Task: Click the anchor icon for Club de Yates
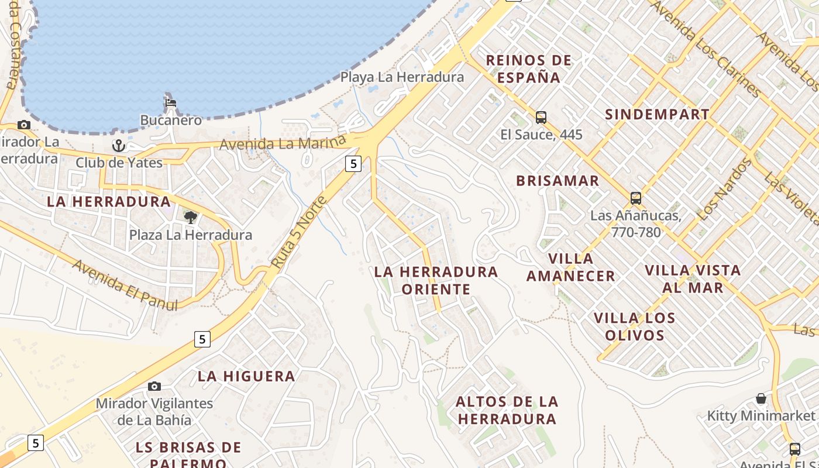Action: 119,144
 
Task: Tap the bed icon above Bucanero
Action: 170,103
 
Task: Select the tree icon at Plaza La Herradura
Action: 190,218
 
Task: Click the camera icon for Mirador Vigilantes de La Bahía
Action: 154,386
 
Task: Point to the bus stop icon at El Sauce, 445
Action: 541,118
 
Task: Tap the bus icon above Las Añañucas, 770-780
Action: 636,198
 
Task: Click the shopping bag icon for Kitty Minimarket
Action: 761,399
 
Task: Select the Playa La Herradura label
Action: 402,77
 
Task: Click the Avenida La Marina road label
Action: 283,143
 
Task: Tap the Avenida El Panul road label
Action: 125,285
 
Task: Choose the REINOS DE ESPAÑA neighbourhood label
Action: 529,68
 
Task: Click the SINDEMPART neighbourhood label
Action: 657,114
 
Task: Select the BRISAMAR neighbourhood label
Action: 558,181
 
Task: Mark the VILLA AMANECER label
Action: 571,267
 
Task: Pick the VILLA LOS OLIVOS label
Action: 635,326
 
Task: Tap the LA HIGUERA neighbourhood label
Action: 246,376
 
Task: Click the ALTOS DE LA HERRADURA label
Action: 507,410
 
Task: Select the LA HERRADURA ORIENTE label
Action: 436,280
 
